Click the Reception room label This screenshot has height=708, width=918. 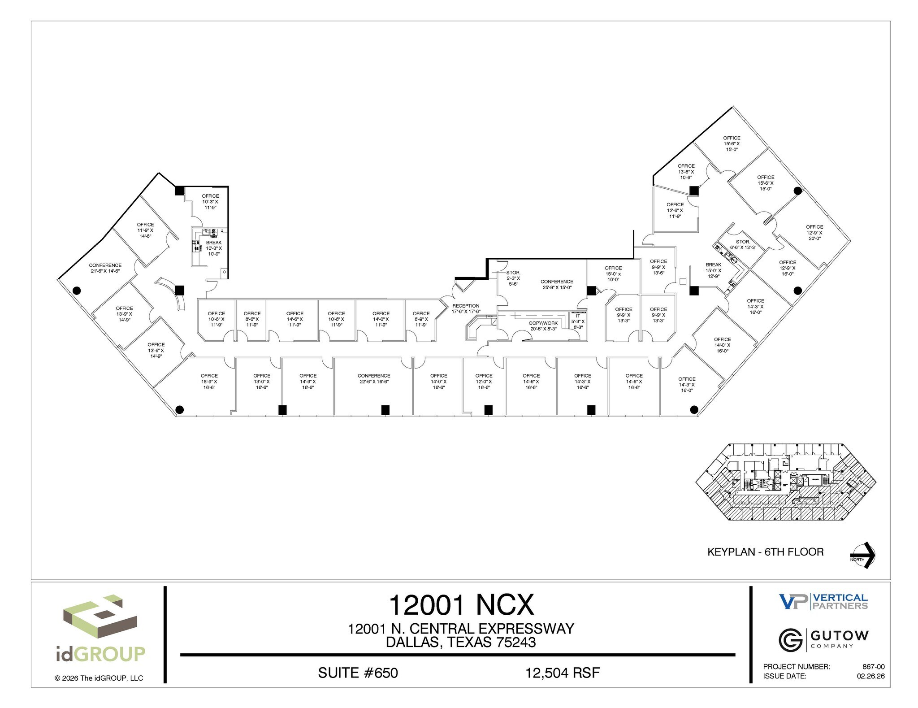[466, 308]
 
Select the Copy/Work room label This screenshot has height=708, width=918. [543, 326]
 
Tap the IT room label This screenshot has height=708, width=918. [578, 321]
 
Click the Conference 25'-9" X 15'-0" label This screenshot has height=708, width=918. [557, 284]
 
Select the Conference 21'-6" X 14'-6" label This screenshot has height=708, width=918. [105, 268]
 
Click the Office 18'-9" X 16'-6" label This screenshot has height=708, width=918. [209, 381]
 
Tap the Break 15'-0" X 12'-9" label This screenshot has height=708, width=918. [713, 270]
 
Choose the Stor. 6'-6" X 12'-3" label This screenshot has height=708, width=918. [743, 244]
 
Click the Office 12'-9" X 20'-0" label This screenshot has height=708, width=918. [814, 232]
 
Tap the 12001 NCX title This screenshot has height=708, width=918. [461, 605]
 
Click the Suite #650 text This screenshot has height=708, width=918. [358, 673]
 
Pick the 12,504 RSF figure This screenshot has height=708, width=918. [563, 673]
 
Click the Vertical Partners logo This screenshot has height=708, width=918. [823, 601]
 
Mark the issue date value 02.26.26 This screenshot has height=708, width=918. [870, 676]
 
